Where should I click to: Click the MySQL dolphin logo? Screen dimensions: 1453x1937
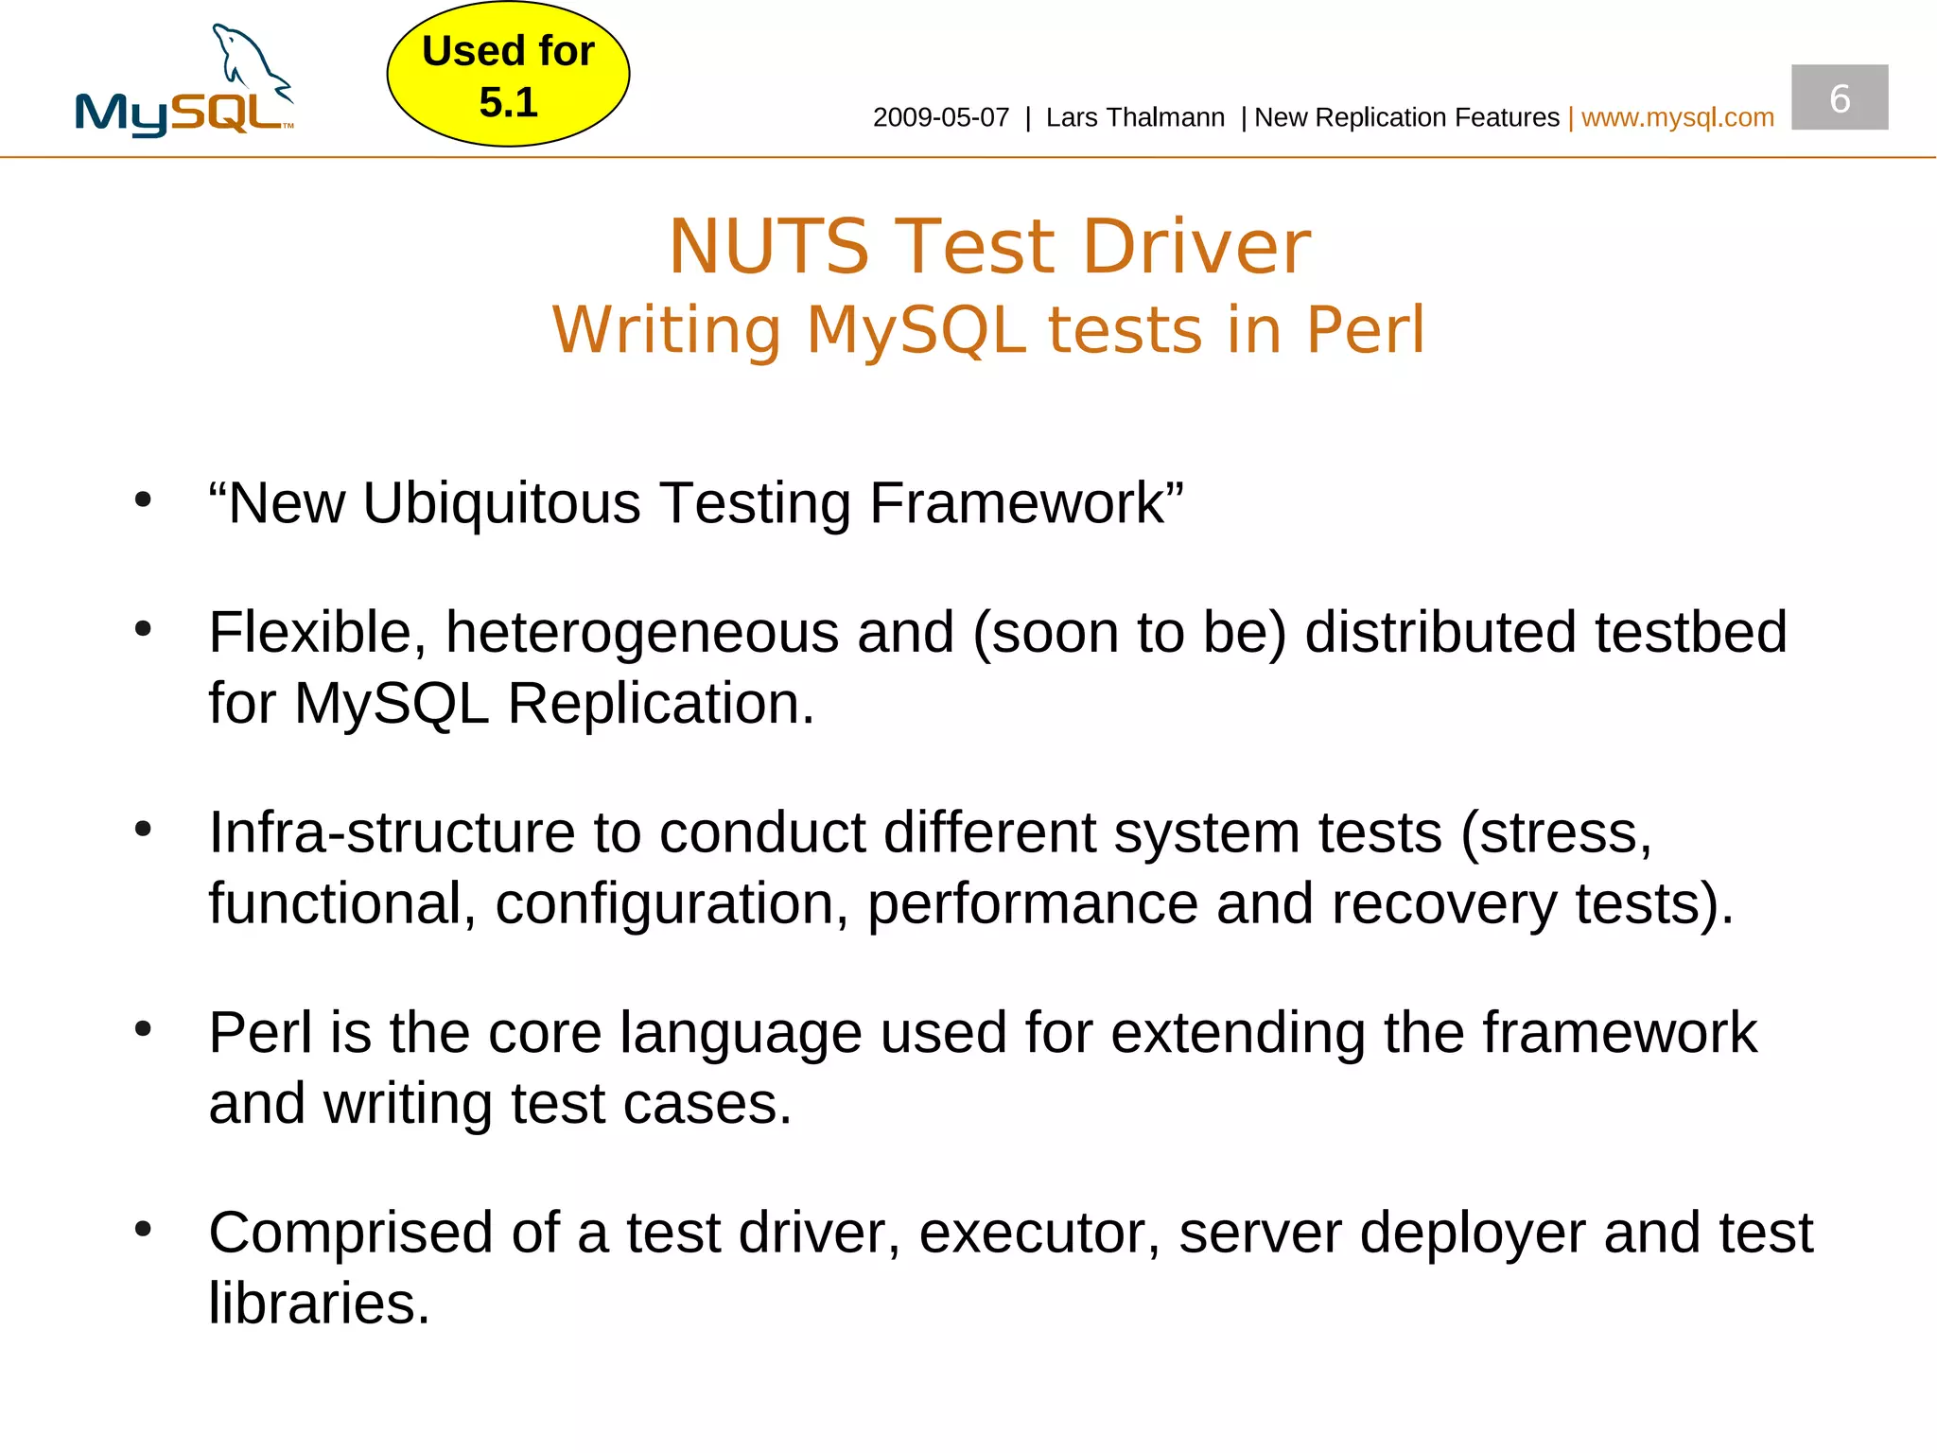[x=185, y=83]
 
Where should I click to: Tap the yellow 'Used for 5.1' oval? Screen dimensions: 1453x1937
[x=508, y=75]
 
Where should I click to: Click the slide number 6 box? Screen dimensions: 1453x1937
[x=1839, y=97]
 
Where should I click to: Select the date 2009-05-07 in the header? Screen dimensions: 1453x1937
[x=940, y=117]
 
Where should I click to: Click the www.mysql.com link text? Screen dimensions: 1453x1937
[x=1677, y=117]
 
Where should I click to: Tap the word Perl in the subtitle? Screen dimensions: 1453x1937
[x=1365, y=330]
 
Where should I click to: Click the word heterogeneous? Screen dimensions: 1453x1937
[x=642, y=632]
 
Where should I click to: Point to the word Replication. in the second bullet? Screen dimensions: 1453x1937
[x=660, y=703]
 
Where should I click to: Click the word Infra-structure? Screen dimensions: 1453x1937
[x=392, y=832]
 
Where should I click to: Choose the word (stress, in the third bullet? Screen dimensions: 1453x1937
[x=1556, y=832]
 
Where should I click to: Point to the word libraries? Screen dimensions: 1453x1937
[x=319, y=1304]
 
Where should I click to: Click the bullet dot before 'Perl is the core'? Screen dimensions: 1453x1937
[x=143, y=1028]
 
